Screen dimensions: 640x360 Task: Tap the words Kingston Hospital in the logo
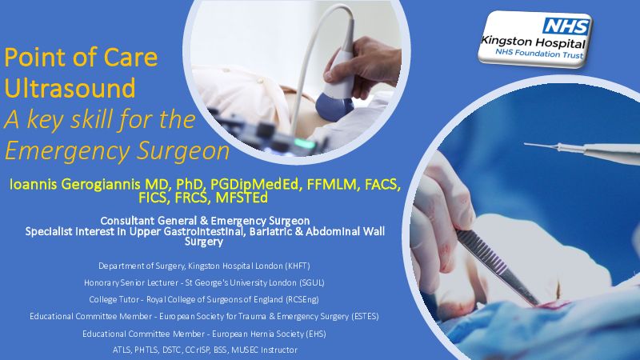click(x=534, y=42)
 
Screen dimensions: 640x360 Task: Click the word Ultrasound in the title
click(x=70, y=88)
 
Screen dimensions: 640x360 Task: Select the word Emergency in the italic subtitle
click(x=68, y=152)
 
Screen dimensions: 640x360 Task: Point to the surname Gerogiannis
click(x=101, y=185)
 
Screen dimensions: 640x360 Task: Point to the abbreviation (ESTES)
click(x=365, y=316)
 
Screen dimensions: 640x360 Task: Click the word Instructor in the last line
click(x=278, y=350)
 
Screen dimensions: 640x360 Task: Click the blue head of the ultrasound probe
click(x=334, y=106)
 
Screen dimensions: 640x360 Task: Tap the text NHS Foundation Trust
click(x=539, y=54)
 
